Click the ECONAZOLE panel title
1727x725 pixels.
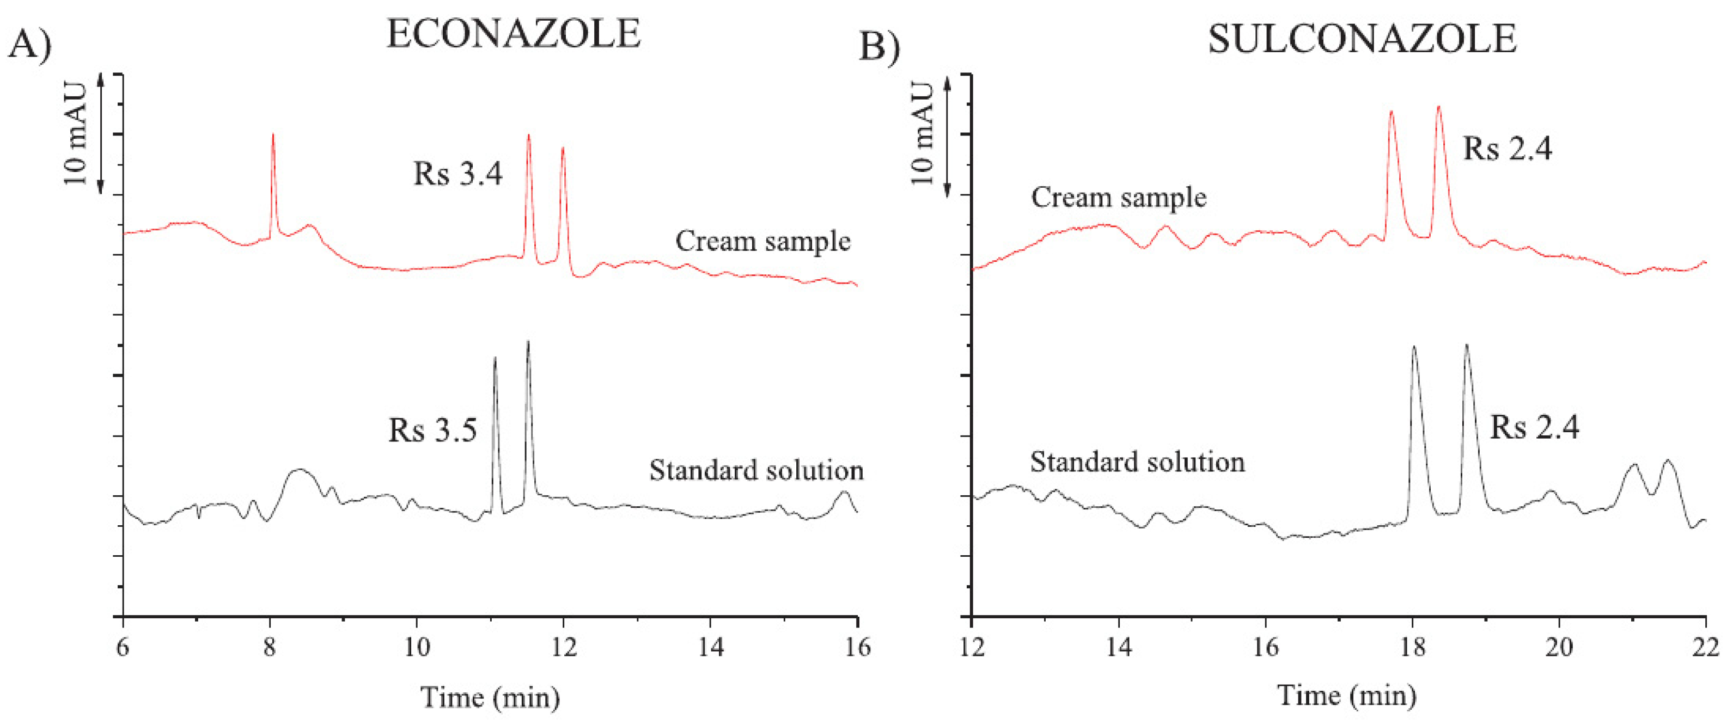[514, 35]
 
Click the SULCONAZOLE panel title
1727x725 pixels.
[1362, 39]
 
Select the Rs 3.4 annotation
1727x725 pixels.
[458, 174]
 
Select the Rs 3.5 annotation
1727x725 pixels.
[432, 430]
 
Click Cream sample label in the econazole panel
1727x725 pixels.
[762, 241]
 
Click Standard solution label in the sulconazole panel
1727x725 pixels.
[1137, 462]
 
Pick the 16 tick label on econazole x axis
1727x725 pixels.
[857, 647]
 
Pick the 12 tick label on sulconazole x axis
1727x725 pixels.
[972, 647]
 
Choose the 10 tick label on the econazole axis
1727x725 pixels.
[416, 647]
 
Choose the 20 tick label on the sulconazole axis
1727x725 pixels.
[1559, 647]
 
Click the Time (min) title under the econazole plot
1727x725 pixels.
[490, 697]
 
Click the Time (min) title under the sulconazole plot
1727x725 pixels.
[1346, 696]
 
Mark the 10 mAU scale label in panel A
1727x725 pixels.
[76, 134]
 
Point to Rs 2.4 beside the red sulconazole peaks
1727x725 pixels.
[1506, 149]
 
